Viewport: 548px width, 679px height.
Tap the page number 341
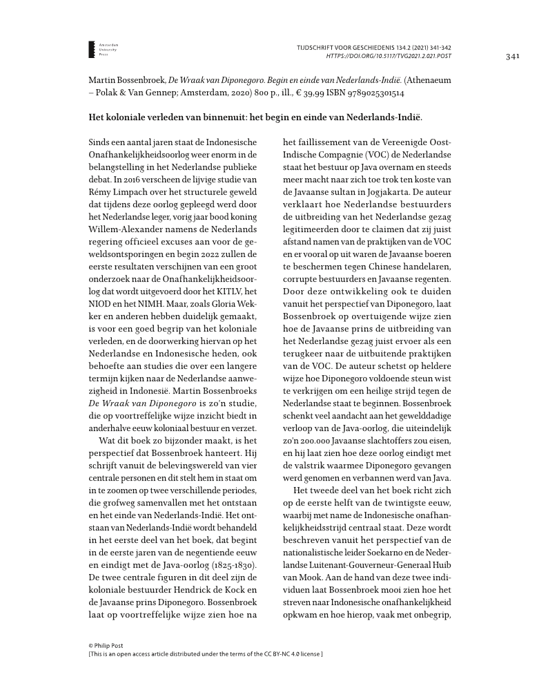512,56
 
